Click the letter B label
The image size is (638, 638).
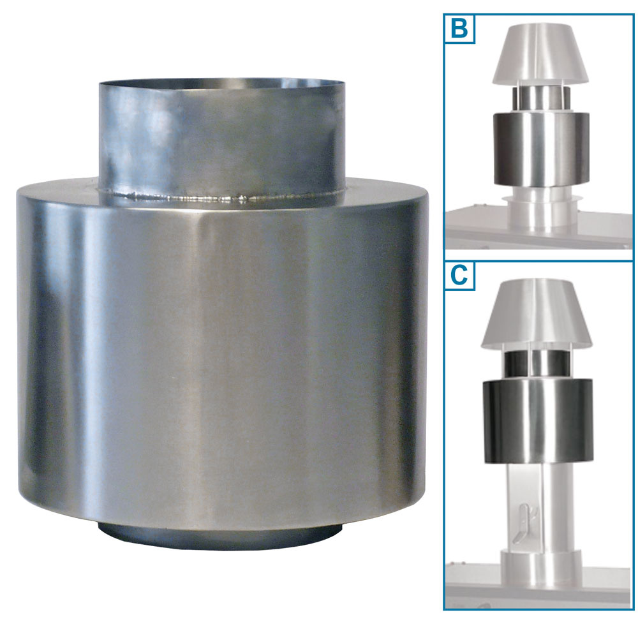459,29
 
